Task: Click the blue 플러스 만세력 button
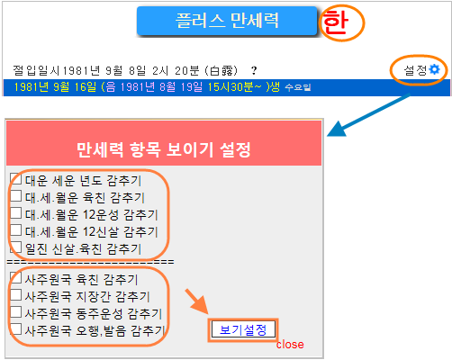tap(227, 21)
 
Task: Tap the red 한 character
tap(336, 22)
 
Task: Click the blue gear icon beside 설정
tap(434, 69)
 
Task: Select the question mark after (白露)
tap(254, 71)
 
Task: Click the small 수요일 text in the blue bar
tap(298, 87)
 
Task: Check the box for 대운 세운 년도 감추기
tap(15, 179)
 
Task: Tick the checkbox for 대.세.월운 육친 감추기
tap(15, 196)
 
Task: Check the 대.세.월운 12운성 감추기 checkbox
tap(15, 213)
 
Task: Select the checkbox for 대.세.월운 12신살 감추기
tap(15, 230)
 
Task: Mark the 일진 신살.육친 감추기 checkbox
tap(15, 247)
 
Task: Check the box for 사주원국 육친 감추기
tap(15, 277)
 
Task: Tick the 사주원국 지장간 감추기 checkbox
tap(15, 294)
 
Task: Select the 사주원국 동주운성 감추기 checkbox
tap(15, 311)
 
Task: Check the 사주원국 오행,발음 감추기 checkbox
tap(15, 328)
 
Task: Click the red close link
tap(290, 345)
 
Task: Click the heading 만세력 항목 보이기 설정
tap(164, 149)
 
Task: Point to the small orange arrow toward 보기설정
tap(197, 301)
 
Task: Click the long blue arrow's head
tap(336, 130)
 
